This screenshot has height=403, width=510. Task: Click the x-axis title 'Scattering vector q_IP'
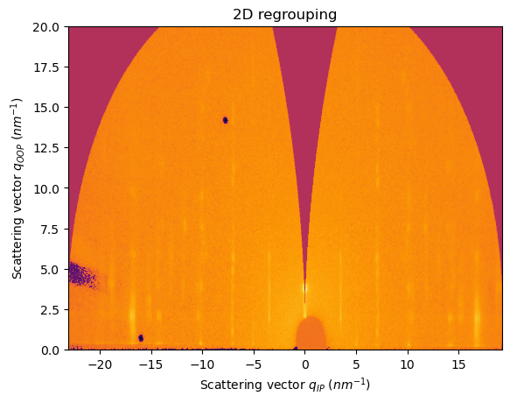284,385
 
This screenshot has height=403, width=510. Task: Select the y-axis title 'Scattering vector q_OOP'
18,187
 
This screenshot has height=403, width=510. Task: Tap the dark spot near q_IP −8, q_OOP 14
225,120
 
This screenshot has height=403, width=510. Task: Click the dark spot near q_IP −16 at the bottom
141,337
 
